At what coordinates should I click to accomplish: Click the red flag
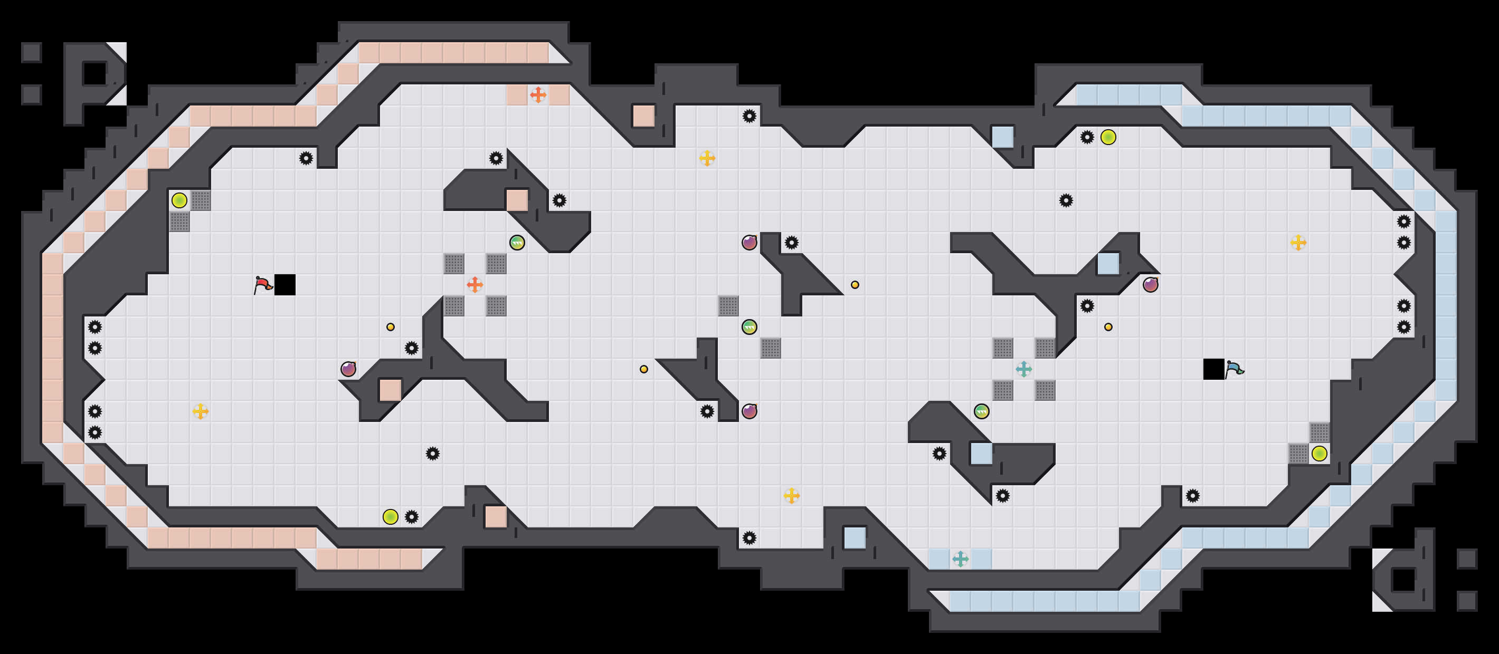tap(263, 285)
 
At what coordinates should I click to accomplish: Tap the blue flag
tap(1234, 369)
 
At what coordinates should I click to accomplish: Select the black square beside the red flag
tap(284, 285)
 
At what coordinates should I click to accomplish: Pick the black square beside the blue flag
tap(1213, 369)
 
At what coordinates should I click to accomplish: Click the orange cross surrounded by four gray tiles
tap(475, 285)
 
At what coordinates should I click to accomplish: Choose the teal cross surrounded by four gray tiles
tap(1023, 369)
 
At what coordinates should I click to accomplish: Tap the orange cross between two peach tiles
tap(538, 95)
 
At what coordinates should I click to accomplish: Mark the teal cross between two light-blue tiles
tap(960, 559)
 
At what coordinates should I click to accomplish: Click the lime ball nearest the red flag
tap(179, 200)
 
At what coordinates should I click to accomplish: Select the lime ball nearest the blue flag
tap(1319, 454)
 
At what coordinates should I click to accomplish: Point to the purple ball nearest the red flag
tap(348, 369)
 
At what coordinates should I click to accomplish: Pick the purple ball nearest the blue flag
tap(1151, 285)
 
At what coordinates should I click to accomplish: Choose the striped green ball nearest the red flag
tap(517, 243)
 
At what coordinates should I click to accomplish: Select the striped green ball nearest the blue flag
tap(982, 411)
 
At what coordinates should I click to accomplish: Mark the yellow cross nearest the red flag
tap(200, 411)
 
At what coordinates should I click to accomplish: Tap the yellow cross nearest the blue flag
tap(1298, 243)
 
